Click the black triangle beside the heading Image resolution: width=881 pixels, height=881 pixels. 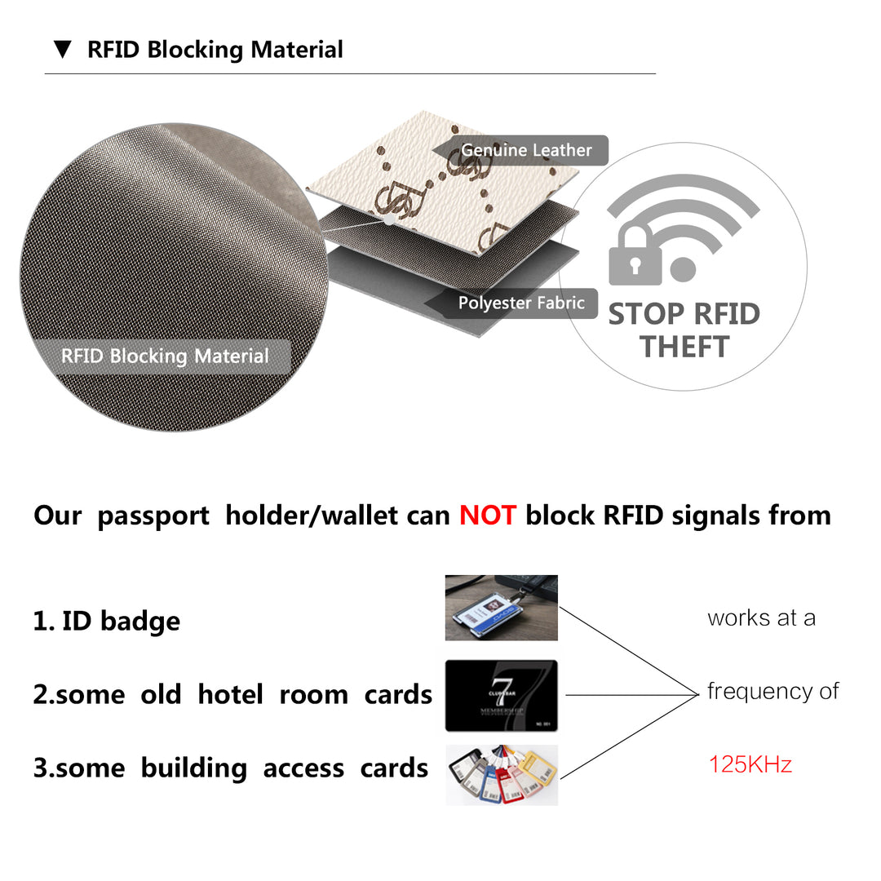(63, 50)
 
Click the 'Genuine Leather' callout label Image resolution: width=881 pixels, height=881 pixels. (526, 150)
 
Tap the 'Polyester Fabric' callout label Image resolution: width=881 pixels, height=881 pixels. (521, 303)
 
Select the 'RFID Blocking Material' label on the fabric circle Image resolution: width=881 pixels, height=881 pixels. (165, 356)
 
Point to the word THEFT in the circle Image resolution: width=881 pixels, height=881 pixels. (684, 348)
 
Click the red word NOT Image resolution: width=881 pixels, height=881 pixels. (487, 516)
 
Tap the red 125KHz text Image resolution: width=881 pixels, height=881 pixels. (750, 764)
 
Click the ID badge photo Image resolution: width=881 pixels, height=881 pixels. (501, 608)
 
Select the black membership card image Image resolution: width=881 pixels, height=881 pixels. (501, 695)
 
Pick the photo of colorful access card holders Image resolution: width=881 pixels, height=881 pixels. (501, 775)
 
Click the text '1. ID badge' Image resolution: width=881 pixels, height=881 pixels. (107, 621)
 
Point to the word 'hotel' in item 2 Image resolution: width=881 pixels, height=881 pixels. (230, 695)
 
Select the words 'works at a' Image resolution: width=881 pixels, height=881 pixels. (761, 618)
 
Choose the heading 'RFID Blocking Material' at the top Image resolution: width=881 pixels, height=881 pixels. (215, 50)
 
